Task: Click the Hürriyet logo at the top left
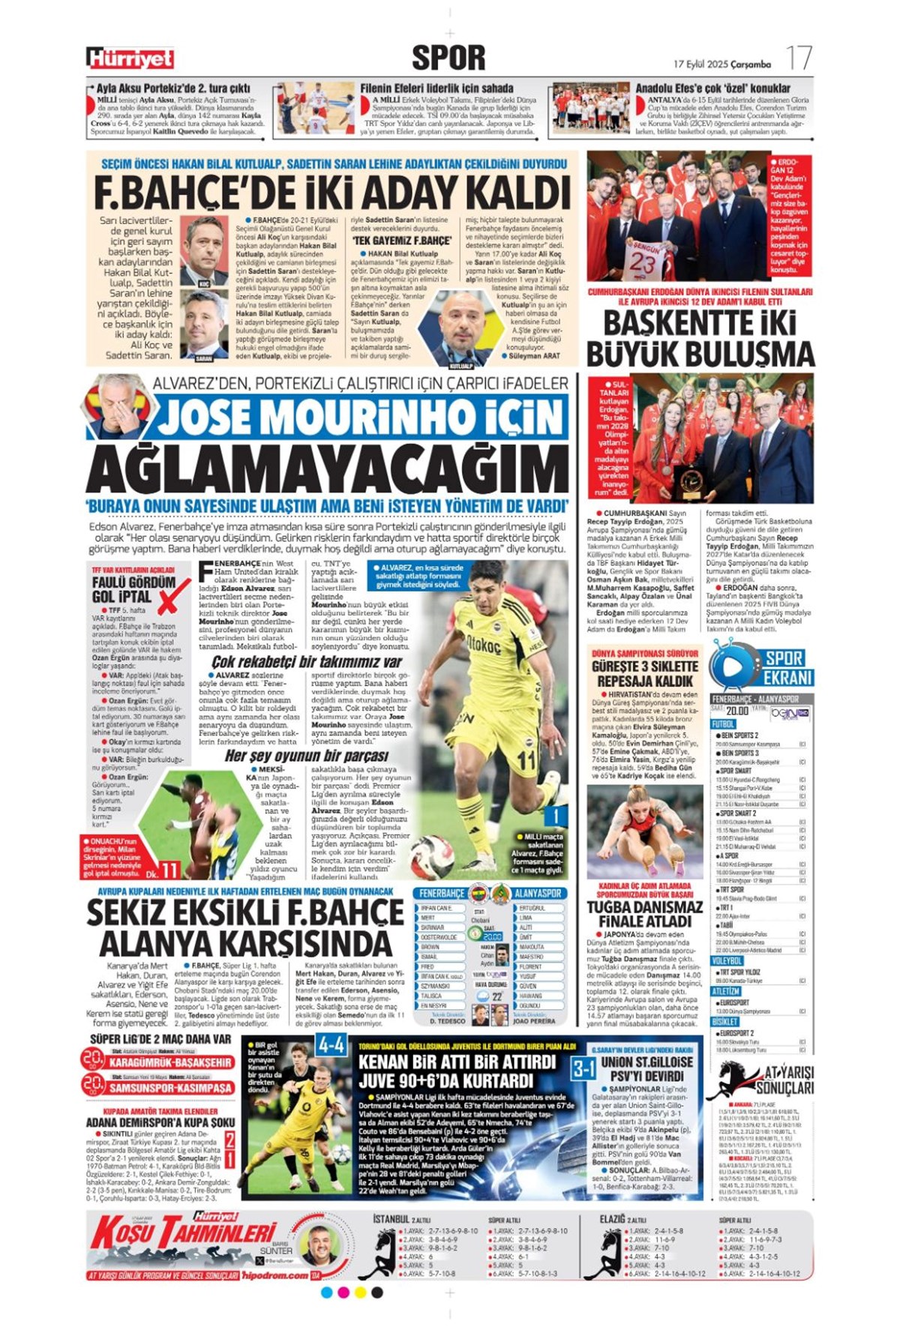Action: coord(130,58)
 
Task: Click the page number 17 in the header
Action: coord(799,58)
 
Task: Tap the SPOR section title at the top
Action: coord(448,57)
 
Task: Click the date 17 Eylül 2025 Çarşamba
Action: coord(722,64)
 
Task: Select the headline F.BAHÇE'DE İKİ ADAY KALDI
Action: coord(332,193)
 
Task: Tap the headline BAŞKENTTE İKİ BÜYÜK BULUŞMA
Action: coord(700,340)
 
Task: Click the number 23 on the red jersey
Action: coord(642,262)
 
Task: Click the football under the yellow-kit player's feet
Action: coord(432,855)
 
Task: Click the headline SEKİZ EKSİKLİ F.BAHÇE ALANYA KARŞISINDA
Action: coord(245,927)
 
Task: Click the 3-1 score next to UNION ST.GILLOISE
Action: coord(583,1068)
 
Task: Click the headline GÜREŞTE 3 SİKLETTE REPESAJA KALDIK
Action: coord(644,673)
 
